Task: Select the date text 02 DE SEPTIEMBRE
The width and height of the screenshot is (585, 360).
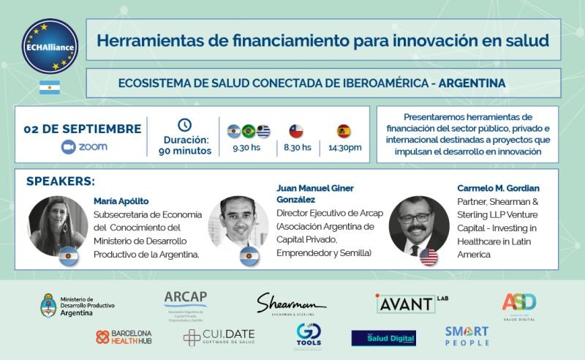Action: [83, 129]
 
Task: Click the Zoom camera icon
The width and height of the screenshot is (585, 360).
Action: [69, 146]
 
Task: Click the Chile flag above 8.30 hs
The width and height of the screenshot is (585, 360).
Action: [295, 132]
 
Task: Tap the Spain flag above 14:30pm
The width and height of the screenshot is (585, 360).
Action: [344, 132]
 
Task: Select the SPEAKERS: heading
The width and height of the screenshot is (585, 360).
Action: [61, 181]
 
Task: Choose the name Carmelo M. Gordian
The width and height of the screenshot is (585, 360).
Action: [498, 188]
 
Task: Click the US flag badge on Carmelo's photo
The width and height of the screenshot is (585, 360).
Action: [429, 255]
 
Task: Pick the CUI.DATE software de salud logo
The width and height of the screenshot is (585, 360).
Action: [219, 337]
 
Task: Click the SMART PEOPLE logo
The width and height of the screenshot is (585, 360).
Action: [467, 336]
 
